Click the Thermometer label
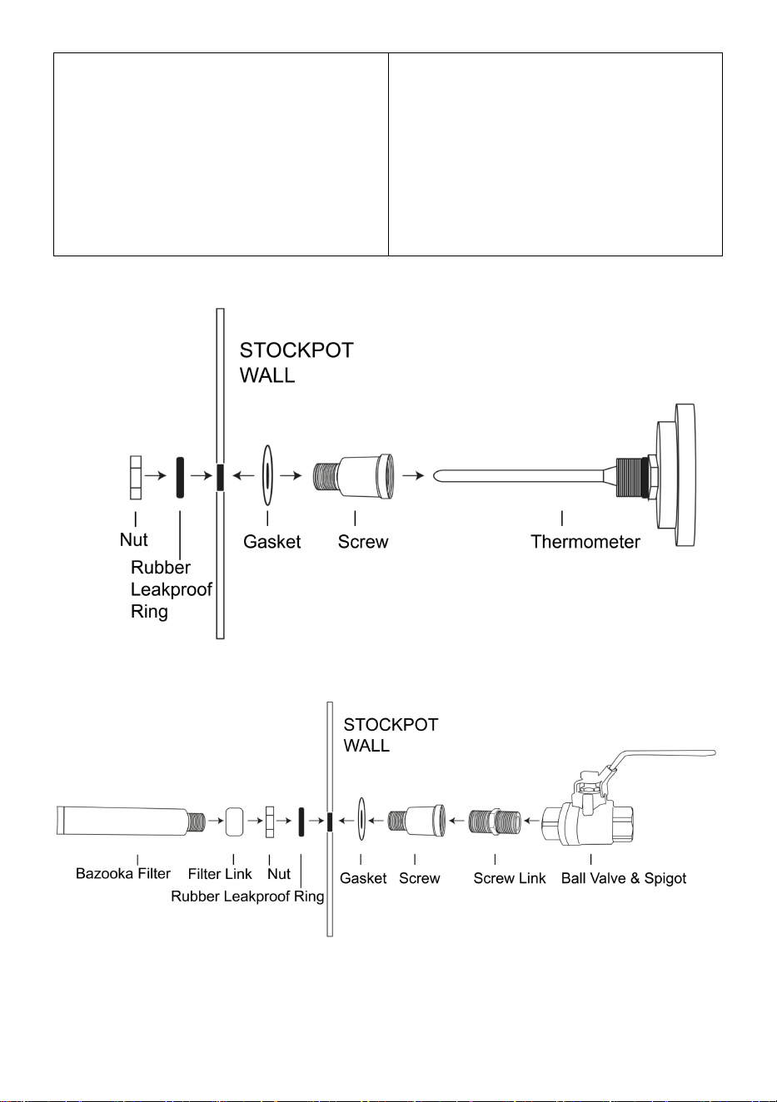(585, 542)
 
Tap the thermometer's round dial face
(685, 475)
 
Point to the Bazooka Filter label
(123, 873)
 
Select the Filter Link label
(220, 874)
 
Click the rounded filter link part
(234, 821)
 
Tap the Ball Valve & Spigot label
(624, 878)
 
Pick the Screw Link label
(510, 878)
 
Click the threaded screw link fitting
(494, 821)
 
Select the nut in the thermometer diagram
(136, 477)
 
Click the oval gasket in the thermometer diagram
(267, 475)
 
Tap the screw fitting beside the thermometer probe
(353, 476)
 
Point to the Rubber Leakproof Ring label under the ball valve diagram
(247, 896)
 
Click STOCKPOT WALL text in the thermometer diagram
(296, 363)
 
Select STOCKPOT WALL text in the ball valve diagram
(391, 734)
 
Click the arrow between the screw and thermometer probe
(413, 476)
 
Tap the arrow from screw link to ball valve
(532, 821)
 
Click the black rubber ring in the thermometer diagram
(180, 477)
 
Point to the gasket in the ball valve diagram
(361, 820)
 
